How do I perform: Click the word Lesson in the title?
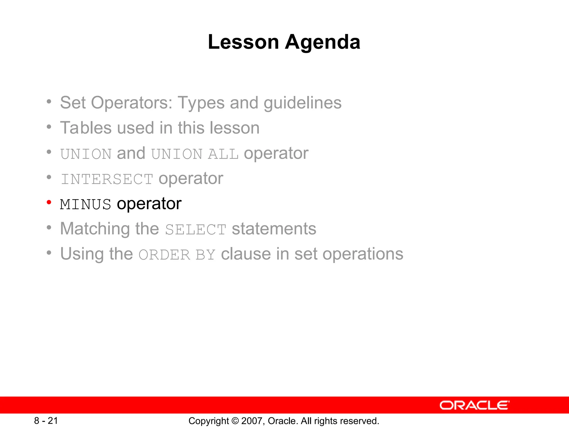[243, 42]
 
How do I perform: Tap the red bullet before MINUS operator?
[49, 202]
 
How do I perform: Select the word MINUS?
[86, 205]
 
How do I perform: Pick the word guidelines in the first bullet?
[302, 103]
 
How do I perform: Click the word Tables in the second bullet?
[86, 128]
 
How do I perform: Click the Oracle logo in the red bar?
[474, 405]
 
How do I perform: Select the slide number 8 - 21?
[46, 421]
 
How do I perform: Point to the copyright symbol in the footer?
[235, 421]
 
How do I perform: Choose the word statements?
[274, 229]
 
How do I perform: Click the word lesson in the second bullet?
[234, 128]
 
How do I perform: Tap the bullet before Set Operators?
[49, 102]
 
